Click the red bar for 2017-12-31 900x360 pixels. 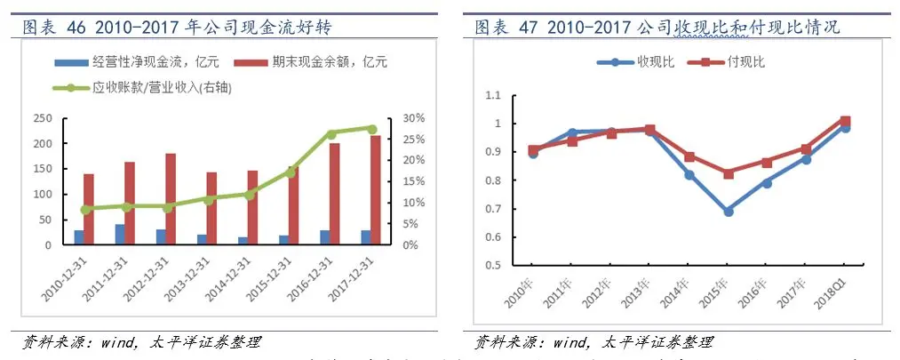(x=377, y=190)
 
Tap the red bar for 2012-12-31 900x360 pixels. (x=170, y=199)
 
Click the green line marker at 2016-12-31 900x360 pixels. (x=331, y=134)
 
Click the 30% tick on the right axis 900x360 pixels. (x=414, y=118)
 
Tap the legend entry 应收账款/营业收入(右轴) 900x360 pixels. (x=155, y=88)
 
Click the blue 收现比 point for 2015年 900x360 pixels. (x=729, y=212)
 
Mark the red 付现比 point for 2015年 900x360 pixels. (x=729, y=173)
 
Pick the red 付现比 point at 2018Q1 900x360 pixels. (x=845, y=121)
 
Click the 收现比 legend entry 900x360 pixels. (x=633, y=62)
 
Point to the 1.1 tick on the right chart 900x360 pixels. (x=491, y=95)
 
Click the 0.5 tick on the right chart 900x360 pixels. (x=491, y=265)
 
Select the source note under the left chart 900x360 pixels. (x=142, y=342)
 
